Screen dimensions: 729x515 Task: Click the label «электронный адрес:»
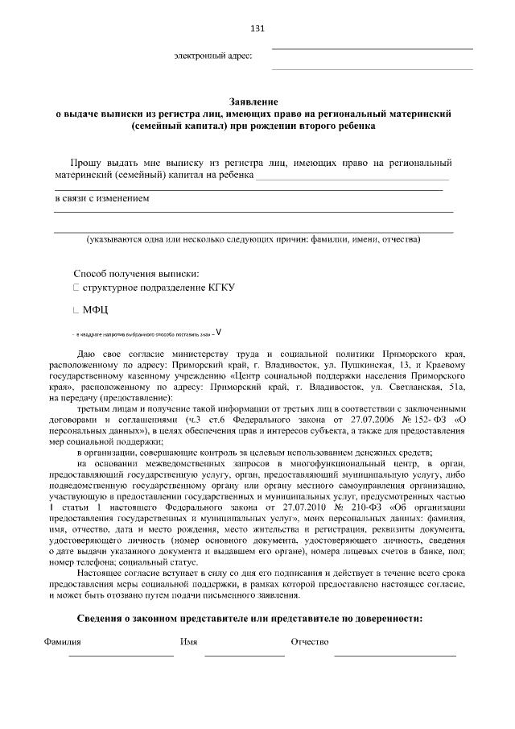click(213, 56)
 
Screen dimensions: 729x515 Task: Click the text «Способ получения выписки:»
click(136, 274)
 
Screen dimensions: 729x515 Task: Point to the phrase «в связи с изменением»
click(101, 198)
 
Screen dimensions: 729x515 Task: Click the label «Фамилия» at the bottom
click(61, 642)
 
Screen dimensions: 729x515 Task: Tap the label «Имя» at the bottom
click(190, 642)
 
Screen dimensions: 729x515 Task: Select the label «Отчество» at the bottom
click(311, 642)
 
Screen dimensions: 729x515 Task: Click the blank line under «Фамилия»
click(121, 656)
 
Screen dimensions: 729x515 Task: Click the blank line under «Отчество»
click(395, 656)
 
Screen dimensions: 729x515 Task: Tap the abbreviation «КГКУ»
click(220, 288)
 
